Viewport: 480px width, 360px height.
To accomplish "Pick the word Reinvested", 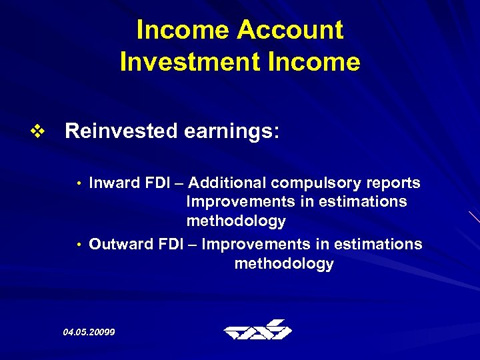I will [120, 131].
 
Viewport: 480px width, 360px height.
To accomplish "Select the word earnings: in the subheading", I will [230, 131].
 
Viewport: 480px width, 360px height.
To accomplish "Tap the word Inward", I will [113, 183].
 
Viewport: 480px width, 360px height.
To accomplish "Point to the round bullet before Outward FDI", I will [79, 245].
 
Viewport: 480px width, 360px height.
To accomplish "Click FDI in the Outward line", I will [170, 244].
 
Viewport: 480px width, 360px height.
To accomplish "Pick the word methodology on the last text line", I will [284, 264].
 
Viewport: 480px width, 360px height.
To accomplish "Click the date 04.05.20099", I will [89, 331].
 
